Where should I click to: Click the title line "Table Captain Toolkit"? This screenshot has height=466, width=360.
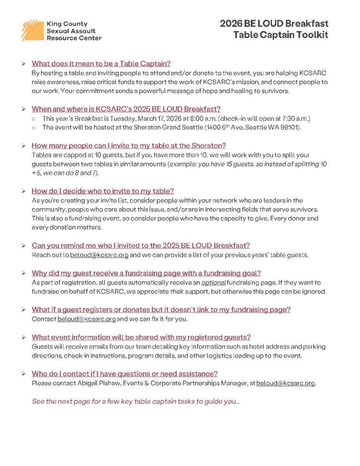(280, 35)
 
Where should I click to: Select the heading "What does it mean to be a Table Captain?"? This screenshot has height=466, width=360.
(101, 64)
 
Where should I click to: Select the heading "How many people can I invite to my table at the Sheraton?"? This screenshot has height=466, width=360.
(129, 146)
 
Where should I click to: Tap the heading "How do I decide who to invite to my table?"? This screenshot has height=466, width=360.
(103, 191)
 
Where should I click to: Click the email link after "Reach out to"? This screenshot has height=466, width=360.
(99, 255)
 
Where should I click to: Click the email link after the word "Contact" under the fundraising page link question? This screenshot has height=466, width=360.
(87, 319)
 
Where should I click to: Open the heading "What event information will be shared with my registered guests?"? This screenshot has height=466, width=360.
(141, 337)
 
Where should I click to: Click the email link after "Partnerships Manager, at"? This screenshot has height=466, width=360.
(285, 383)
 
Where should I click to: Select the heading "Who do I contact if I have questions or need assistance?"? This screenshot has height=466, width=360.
(124, 374)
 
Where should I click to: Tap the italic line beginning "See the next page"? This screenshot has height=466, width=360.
(135, 401)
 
